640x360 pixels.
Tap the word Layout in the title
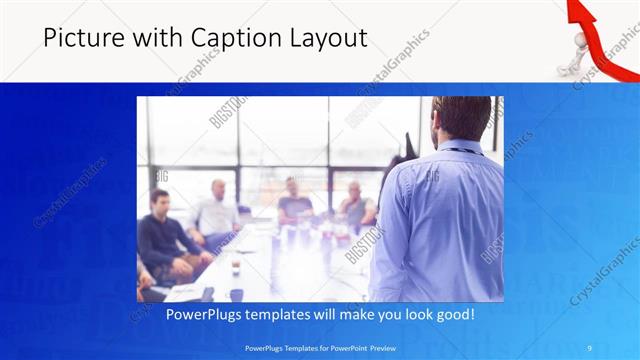click(329, 38)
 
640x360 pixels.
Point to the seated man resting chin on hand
click(355, 205)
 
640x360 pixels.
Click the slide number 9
click(589, 347)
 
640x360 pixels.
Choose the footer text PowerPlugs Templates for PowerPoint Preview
click(319, 347)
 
